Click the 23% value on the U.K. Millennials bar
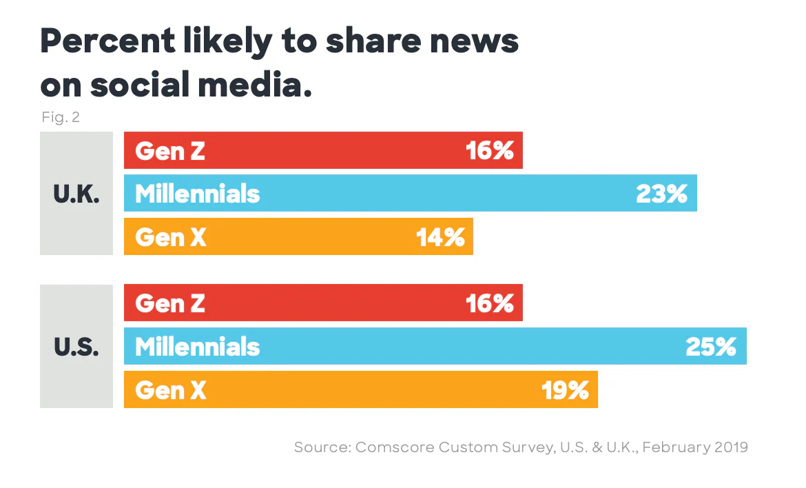pyautogui.click(x=661, y=194)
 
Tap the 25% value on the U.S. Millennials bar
pyautogui.click(x=711, y=347)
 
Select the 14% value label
pyautogui.click(x=440, y=237)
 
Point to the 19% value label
pyautogui.click(x=565, y=391)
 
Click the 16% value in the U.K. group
pyautogui.click(x=490, y=151)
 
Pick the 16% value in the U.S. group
pyautogui.click(x=490, y=303)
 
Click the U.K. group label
pyautogui.click(x=76, y=194)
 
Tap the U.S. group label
pyautogui.click(x=76, y=347)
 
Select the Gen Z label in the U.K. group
pyautogui.click(x=170, y=151)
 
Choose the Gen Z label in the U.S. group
pyautogui.click(x=170, y=303)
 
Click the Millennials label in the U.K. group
pyautogui.click(x=198, y=194)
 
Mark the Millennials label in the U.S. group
pyautogui.click(x=198, y=347)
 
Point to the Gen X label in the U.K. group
pyautogui.click(x=171, y=237)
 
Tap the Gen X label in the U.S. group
pyautogui.click(x=171, y=391)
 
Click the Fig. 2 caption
pyautogui.click(x=61, y=117)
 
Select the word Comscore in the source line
pyautogui.click(x=395, y=447)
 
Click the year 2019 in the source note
pyautogui.click(x=730, y=447)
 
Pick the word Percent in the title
pyautogui.click(x=107, y=43)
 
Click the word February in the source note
pyautogui.click(x=679, y=447)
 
